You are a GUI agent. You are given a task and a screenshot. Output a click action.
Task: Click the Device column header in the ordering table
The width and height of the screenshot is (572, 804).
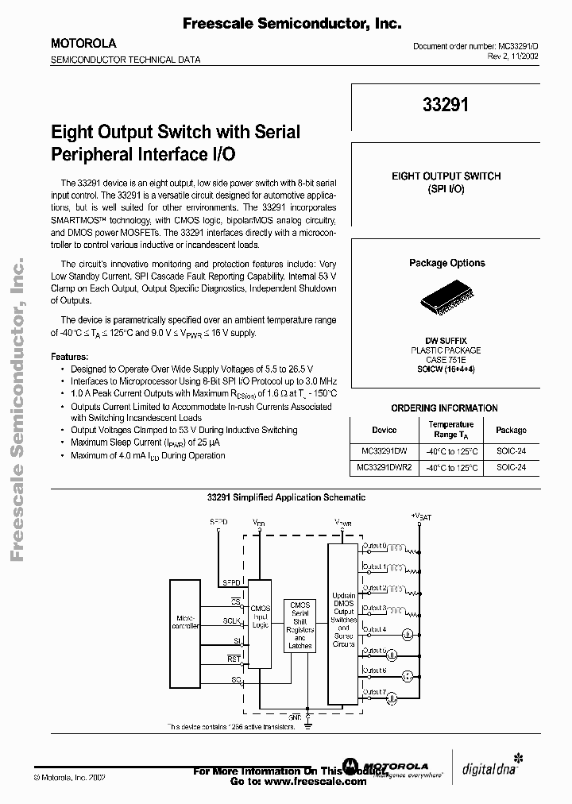(384, 430)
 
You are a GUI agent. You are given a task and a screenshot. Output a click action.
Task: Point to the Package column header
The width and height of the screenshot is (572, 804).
(511, 430)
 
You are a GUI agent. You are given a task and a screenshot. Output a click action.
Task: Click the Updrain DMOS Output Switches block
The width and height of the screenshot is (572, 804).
(344, 620)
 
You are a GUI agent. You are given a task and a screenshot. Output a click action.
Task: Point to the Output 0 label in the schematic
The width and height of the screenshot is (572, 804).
(375, 547)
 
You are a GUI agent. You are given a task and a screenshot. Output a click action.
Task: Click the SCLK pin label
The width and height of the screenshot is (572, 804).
(233, 620)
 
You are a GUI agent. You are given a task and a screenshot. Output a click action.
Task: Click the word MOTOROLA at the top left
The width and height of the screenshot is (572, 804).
(83, 44)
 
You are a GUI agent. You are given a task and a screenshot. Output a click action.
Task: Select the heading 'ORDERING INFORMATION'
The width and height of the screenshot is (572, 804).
(445, 408)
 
